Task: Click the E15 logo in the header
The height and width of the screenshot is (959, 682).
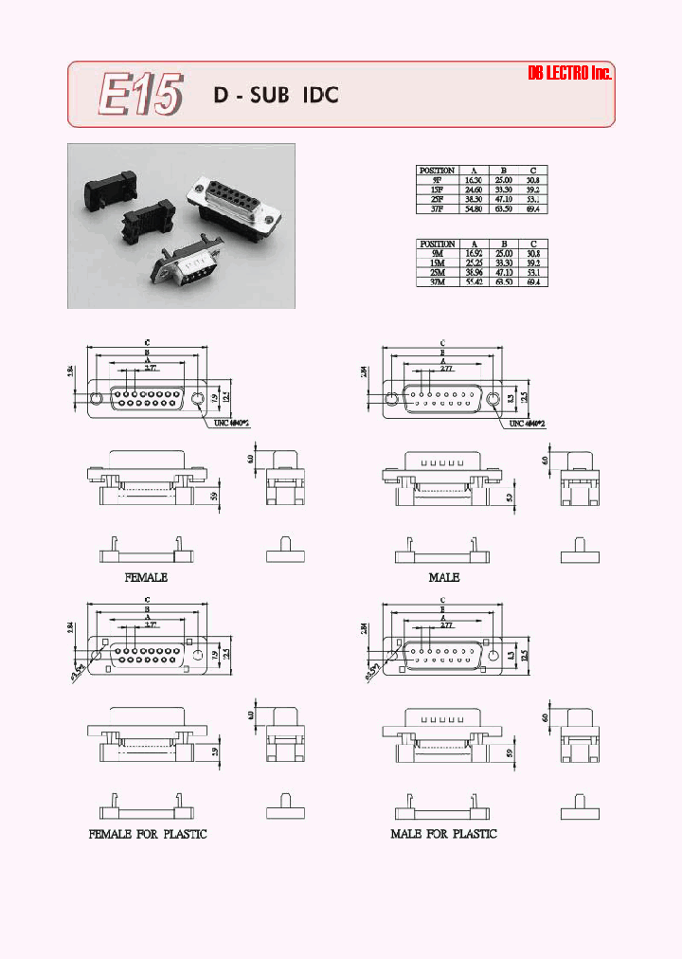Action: point(139,95)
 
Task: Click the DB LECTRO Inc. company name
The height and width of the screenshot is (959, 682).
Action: point(569,74)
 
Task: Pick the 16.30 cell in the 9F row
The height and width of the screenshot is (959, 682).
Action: point(473,179)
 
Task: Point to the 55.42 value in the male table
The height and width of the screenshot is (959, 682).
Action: point(473,280)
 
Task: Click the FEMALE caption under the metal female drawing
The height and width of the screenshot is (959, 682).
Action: point(146,577)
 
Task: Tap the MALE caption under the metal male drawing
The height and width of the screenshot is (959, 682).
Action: point(443,577)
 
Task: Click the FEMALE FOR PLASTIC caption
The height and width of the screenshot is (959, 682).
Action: point(147,834)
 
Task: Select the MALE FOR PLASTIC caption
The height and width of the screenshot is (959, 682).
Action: point(443,834)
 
